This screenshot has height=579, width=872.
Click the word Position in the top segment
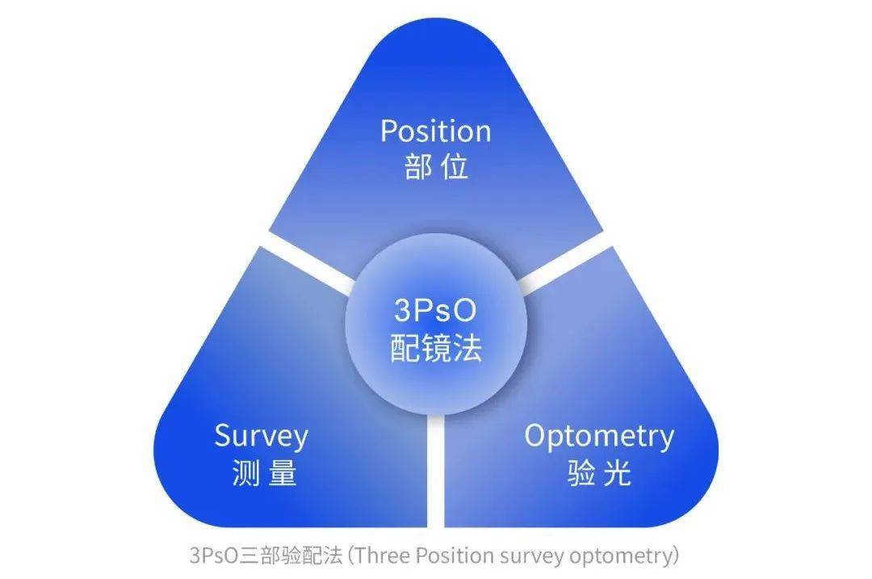coord(435,132)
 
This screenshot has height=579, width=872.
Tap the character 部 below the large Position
coord(420,167)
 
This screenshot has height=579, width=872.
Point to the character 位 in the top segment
coord(455,167)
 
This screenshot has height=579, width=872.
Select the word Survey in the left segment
coord(261,437)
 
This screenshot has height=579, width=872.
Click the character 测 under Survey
coord(245,473)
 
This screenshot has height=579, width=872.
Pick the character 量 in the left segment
coord(280,473)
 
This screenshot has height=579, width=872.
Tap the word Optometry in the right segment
coord(598,437)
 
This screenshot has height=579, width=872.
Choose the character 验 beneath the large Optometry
coord(581,473)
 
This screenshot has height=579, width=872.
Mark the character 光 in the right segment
coord(616,473)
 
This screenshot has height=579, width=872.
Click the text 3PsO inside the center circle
coord(436,311)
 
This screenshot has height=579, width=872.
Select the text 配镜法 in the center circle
coord(436,348)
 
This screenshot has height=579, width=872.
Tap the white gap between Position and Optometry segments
coord(565,262)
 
